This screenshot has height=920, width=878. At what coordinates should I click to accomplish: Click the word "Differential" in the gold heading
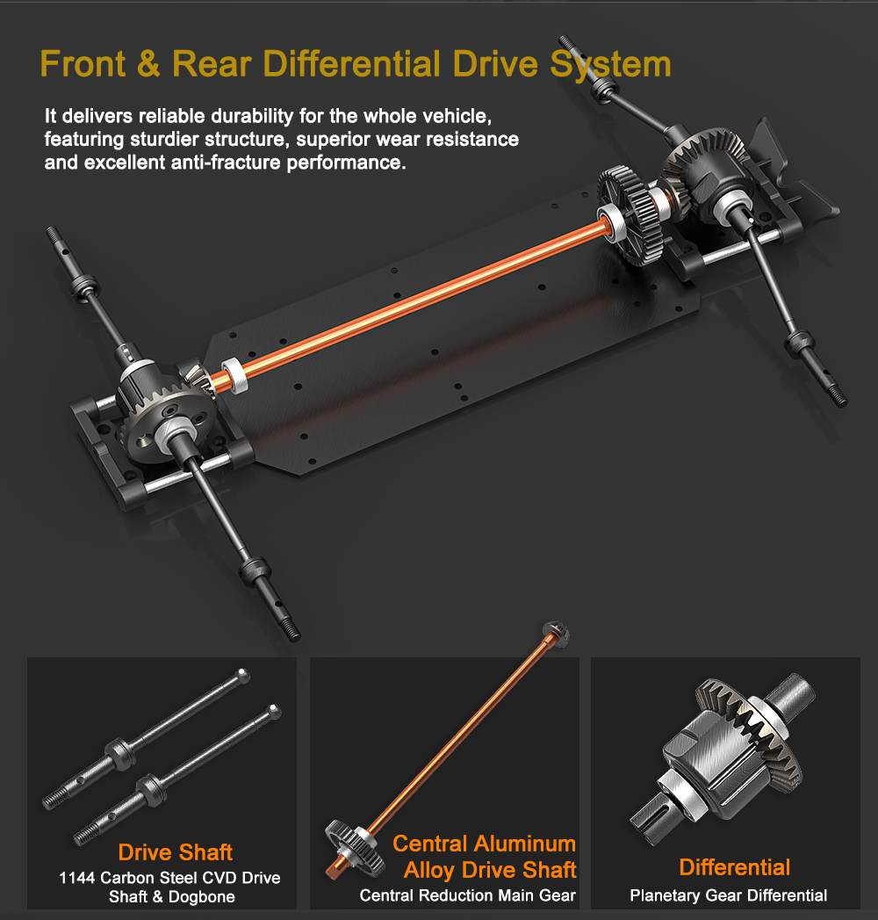click(352, 63)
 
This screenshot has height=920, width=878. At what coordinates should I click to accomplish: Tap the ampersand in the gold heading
click(148, 63)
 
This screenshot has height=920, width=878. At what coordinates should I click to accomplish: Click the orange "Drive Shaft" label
click(176, 852)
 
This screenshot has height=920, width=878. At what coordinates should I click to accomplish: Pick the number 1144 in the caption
click(76, 878)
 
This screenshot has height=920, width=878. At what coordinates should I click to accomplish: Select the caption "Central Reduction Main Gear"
click(468, 895)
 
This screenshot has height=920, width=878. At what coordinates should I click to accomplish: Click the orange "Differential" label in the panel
click(734, 867)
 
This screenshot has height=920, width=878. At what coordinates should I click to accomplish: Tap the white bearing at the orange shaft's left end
click(234, 376)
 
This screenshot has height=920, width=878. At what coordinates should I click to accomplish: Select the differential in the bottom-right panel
click(723, 756)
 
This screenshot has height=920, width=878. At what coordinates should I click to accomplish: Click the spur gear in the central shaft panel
click(355, 848)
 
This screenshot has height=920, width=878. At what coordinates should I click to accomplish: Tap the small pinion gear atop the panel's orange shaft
click(555, 634)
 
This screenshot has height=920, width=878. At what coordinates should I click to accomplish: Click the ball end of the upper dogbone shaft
click(242, 675)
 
